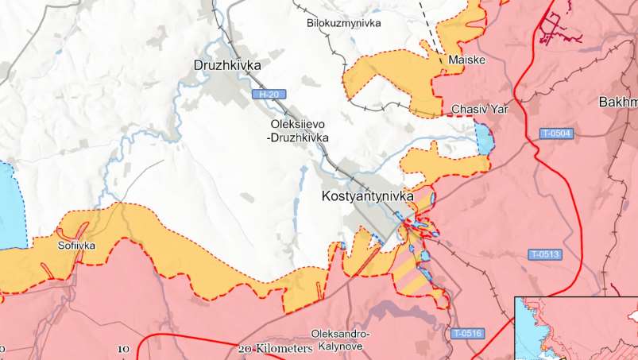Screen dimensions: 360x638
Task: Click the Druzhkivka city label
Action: click(x=227, y=65)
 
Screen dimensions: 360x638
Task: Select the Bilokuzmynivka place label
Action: click(x=343, y=23)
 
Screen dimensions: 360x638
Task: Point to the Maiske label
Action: click(x=466, y=60)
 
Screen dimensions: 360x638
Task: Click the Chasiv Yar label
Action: click(x=479, y=109)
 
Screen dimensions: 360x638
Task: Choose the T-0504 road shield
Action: click(x=556, y=133)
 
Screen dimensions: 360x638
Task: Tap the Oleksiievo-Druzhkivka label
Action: click(x=299, y=131)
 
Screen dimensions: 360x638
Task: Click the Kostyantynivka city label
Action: click(x=368, y=195)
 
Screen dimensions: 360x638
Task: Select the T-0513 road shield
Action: click(x=545, y=254)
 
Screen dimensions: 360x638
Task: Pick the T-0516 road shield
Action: click(x=466, y=333)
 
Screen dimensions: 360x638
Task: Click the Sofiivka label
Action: click(x=76, y=246)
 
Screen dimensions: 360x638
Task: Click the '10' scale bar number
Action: click(x=123, y=349)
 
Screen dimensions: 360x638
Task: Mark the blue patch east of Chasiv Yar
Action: click(x=483, y=140)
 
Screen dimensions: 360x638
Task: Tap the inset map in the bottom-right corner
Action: click(x=576, y=328)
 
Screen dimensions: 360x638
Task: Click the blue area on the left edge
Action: click(x=10, y=207)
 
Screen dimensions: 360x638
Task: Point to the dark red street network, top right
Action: click(x=559, y=24)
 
